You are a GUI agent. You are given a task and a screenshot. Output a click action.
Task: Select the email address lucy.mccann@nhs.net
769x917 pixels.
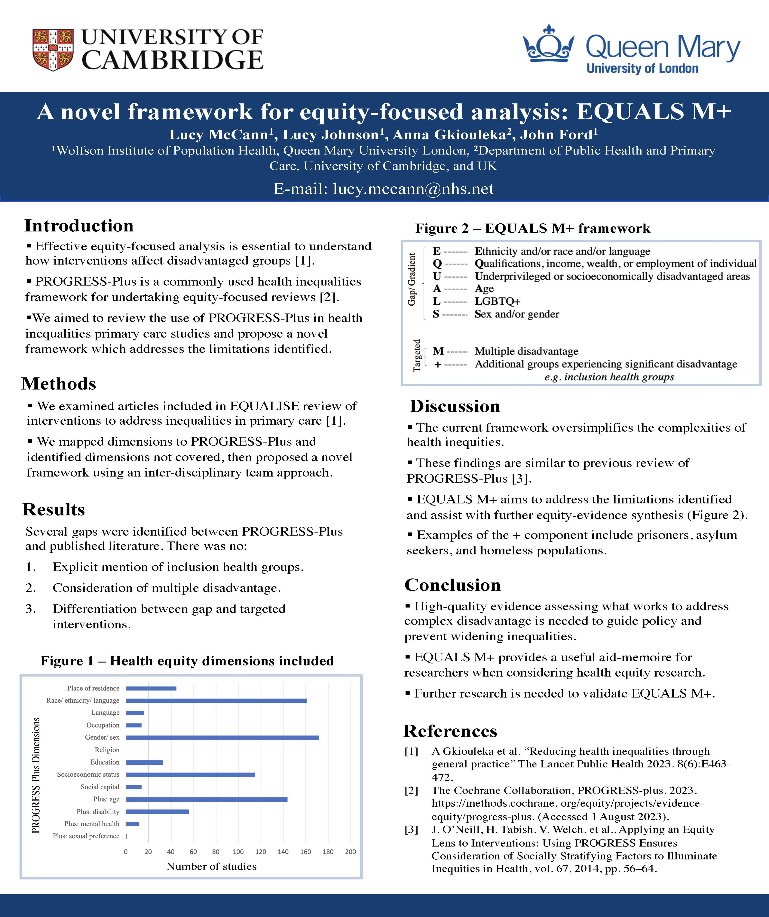coord(413,189)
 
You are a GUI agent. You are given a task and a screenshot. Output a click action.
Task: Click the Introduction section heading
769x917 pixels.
coord(79,226)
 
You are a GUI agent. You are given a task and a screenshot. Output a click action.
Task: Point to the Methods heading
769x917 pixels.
coord(59,384)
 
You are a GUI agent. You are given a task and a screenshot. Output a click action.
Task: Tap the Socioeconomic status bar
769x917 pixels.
coord(190,775)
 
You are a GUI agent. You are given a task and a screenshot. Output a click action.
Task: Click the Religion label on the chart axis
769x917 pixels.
coord(107,750)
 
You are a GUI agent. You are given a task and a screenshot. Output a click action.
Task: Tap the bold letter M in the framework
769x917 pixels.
coord(438,351)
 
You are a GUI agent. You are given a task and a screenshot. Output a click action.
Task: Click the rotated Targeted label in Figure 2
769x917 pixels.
coord(417,356)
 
